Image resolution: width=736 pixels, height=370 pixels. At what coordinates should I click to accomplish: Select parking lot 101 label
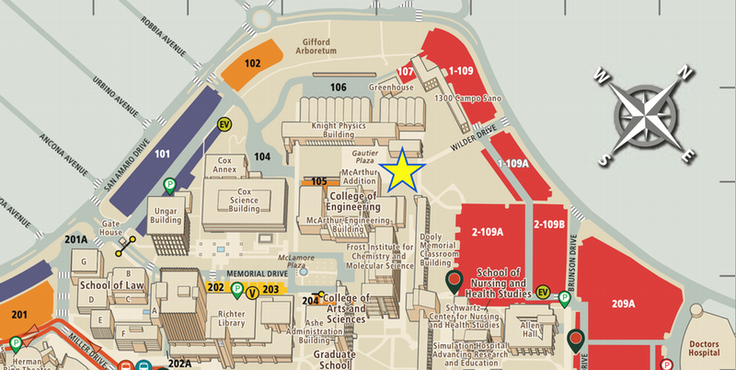pyautogui.click(x=163, y=153)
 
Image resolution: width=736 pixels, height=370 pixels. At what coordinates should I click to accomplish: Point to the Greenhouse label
pyautogui.click(x=392, y=88)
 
